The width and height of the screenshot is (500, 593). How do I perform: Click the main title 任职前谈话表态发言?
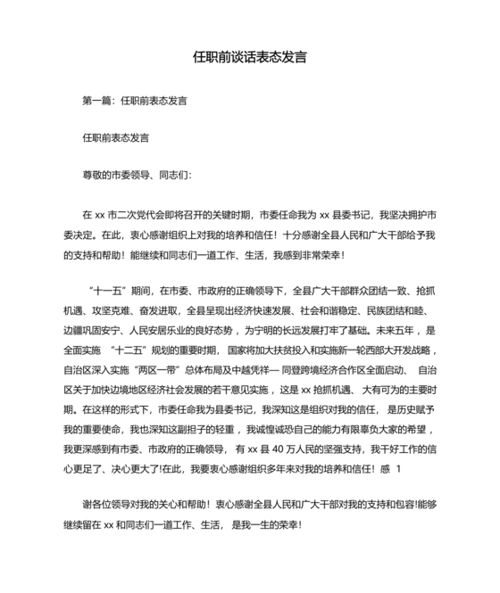click(250, 56)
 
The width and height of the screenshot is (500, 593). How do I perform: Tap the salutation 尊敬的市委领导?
click(110, 176)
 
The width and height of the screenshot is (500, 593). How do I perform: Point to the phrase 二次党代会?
click(144, 215)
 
